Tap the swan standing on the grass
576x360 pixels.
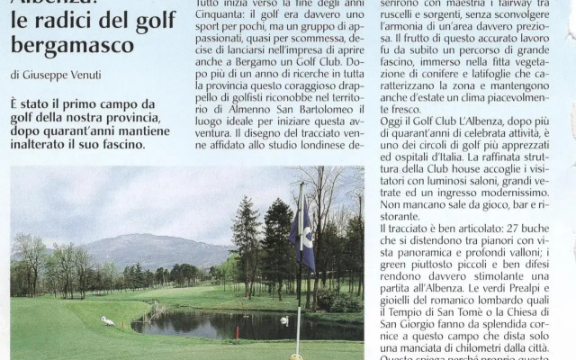tap(108, 320)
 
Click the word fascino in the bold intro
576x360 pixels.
tap(122, 144)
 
